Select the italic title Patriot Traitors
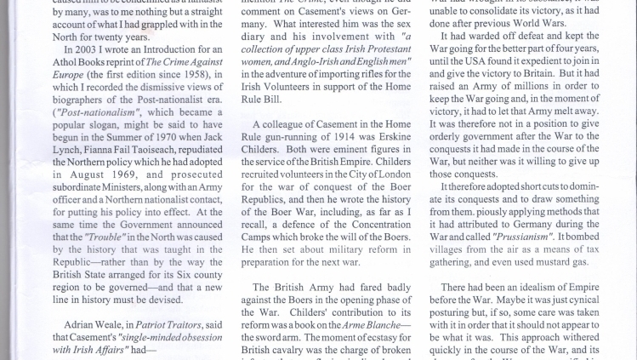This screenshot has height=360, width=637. pyautogui.click(x=145, y=324)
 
